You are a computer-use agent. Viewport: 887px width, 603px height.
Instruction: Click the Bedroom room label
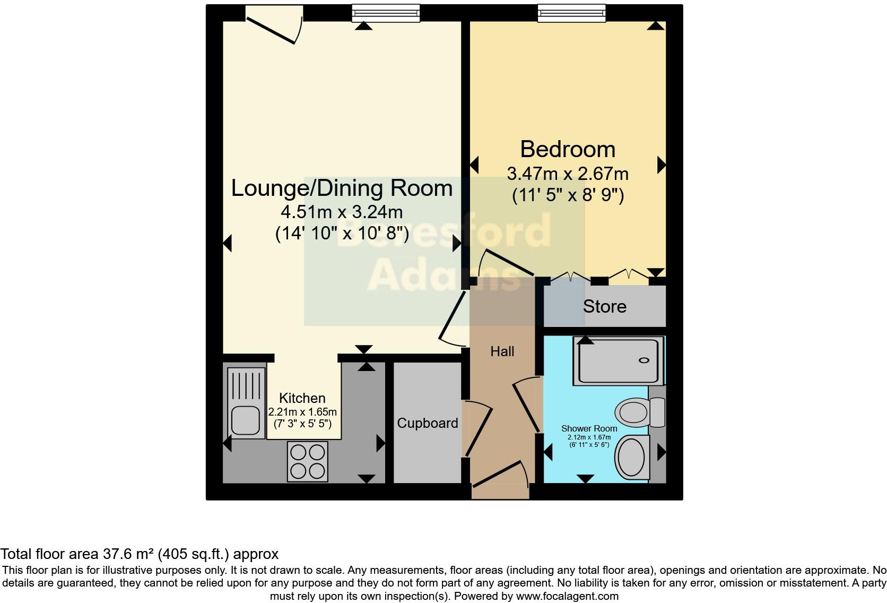click(x=567, y=149)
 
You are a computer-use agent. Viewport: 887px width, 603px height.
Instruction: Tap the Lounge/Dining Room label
click(x=342, y=188)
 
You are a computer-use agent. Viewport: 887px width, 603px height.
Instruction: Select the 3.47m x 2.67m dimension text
click(x=567, y=174)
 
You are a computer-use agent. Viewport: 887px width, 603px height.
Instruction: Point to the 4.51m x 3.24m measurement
click(x=342, y=212)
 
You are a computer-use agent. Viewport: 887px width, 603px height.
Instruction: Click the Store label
click(x=604, y=306)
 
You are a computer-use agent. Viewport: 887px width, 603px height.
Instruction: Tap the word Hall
click(x=502, y=351)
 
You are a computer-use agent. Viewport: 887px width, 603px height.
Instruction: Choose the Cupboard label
click(x=427, y=423)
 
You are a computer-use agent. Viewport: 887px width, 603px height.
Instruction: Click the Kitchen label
click(x=302, y=398)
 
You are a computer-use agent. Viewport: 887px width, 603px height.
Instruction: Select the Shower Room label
click(x=589, y=428)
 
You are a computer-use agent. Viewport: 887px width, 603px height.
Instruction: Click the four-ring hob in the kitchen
click(x=308, y=461)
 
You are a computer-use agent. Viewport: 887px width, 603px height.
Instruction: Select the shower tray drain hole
click(x=644, y=360)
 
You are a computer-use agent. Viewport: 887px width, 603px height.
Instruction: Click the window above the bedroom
click(x=571, y=13)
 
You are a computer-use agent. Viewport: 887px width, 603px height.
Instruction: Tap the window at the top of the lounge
click(x=386, y=13)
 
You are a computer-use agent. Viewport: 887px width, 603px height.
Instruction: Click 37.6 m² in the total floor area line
click(x=127, y=554)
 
